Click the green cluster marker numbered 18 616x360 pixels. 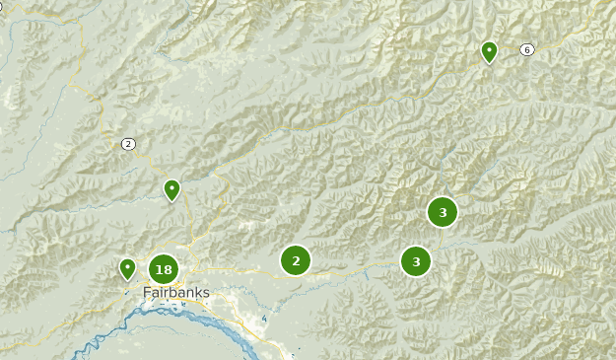pyautogui.click(x=164, y=269)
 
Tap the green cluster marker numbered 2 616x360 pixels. pyautogui.click(x=296, y=260)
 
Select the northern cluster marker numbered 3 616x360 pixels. pyautogui.click(x=443, y=212)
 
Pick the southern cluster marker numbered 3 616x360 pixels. pyautogui.click(x=416, y=261)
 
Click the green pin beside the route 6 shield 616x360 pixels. pyautogui.click(x=489, y=51)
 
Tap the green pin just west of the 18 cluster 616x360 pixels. pyautogui.click(x=127, y=268)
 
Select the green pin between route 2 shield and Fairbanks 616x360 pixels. pyautogui.click(x=171, y=189)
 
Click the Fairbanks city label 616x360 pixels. pyautogui.click(x=175, y=293)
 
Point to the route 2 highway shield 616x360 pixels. pyautogui.click(x=128, y=144)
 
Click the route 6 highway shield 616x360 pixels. pyautogui.click(x=527, y=49)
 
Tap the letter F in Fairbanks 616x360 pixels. pyautogui.click(x=147, y=293)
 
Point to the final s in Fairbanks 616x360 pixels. pyautogui.click(x=206, y=293)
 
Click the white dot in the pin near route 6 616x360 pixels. pyautogui.click(x=489, y=47)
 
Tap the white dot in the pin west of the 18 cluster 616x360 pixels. pyautogui.click(x=127, y=264)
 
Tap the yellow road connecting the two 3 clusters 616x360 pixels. pyautogui.click(x=430, y=238)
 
